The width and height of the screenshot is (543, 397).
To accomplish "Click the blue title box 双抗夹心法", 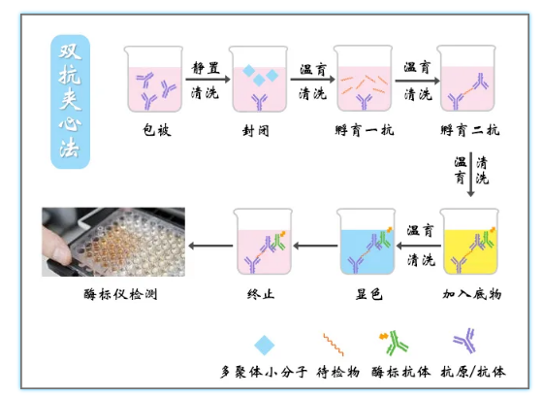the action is coord(70,102).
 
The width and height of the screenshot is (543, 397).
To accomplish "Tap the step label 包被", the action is coord(157,130).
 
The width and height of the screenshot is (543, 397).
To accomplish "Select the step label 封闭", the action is coord(256,131).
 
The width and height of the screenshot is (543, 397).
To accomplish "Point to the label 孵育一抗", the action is coord(365,130).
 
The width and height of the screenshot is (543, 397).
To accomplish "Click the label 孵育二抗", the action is coord(470,130).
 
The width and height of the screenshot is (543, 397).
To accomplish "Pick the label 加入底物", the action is coord(471,294).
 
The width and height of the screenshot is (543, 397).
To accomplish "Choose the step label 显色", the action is coord(369,294).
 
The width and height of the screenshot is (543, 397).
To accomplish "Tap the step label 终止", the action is coord(261,294).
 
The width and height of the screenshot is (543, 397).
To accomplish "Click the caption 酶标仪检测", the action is coord(120,294).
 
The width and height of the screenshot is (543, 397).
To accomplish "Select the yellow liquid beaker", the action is coord(469,242).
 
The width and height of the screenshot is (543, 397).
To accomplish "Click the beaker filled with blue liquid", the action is coord(367,242).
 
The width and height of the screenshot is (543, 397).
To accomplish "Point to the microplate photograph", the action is coord(113,242).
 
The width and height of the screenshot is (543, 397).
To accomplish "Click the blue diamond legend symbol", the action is coord(264,345).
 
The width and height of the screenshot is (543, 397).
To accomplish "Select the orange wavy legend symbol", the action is coord(334,345).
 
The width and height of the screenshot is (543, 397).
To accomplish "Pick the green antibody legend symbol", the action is coord(394,343).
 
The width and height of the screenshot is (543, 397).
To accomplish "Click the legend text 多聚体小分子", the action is coord(264,372).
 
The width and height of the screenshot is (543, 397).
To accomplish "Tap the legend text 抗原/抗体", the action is coord(473,372).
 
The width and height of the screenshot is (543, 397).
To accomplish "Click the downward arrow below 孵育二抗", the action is coord(470,175).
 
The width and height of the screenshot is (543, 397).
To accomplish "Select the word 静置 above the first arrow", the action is coord(206,68).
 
